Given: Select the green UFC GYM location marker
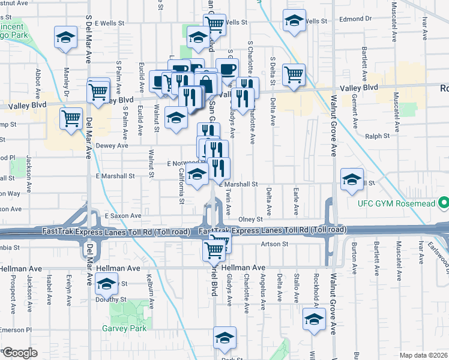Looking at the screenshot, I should [444, 203].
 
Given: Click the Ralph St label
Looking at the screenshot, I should [378, 136].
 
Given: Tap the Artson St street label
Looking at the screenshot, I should [276, 244].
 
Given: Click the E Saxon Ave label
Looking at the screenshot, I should [123, 215].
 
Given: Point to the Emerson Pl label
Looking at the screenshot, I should [16, 330].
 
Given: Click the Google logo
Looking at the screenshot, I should [19, 353].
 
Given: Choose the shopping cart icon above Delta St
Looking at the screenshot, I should [294, 75].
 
